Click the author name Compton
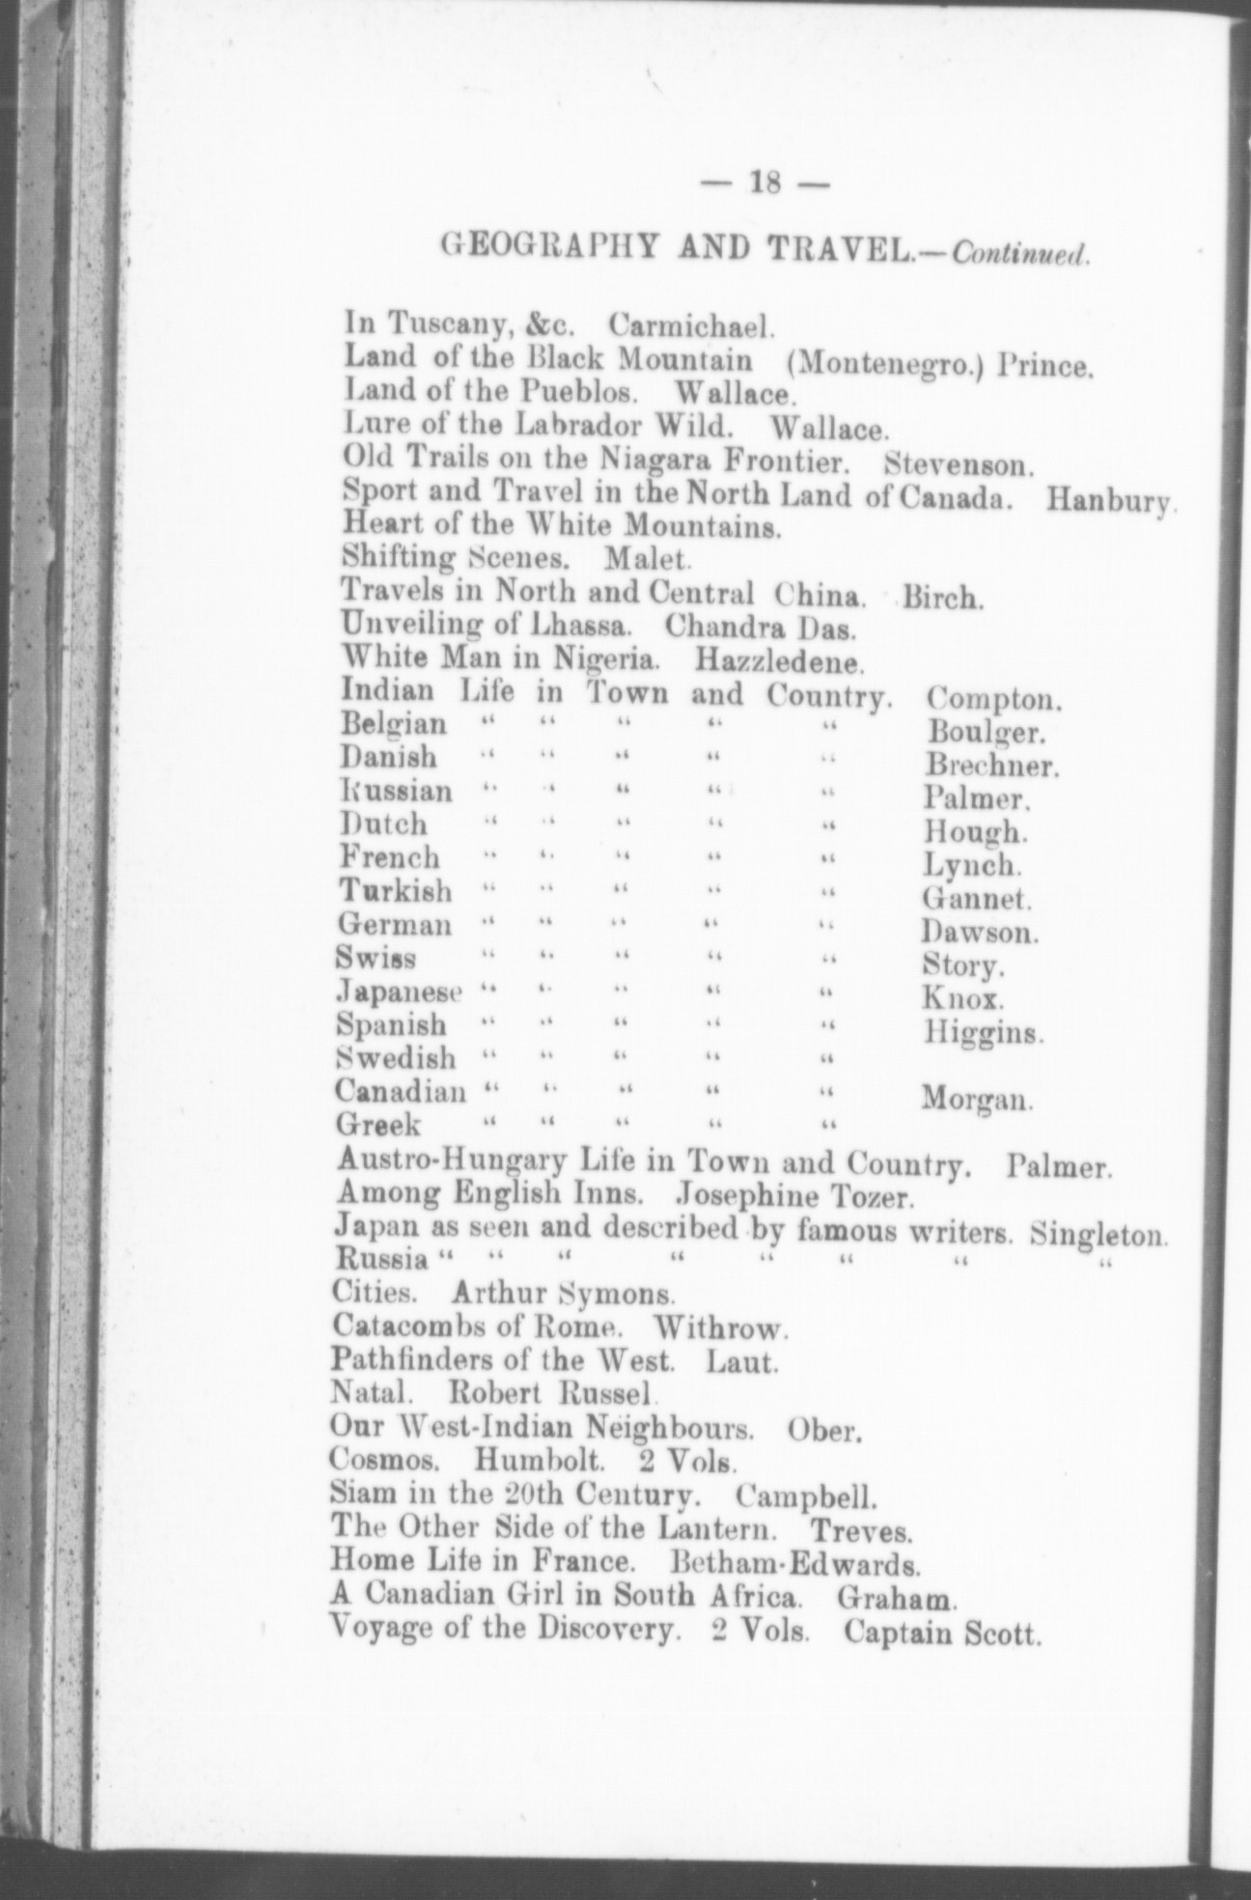(x=993, y=698)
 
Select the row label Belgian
(x=393, y=723)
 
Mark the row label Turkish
(x=394, y=888)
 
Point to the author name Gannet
(x=976, y=900)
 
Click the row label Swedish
(x=395, y=1058)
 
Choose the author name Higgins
(x=983, y=1033)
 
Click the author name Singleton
(x=1098, y=1233)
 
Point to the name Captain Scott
(x=941, y=1632)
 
